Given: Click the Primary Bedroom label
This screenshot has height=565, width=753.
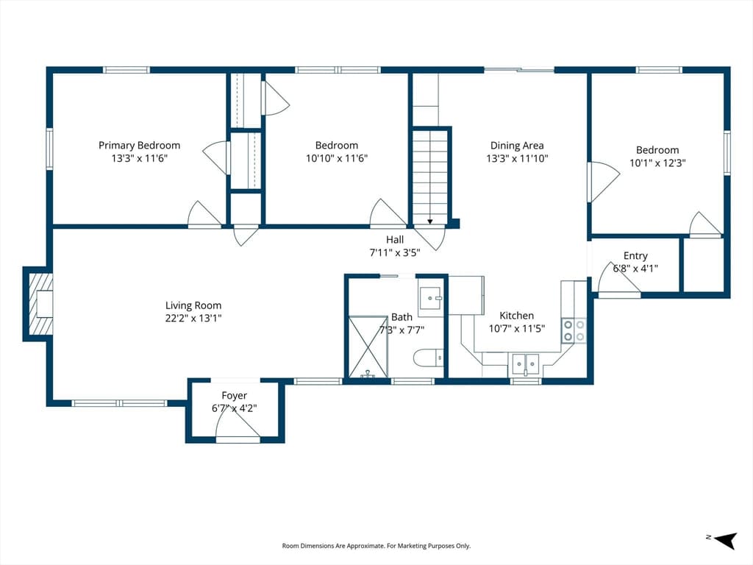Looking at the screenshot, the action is [x=139, y=146].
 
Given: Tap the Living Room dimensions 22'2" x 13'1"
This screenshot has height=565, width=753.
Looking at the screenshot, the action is [x=193, y=318].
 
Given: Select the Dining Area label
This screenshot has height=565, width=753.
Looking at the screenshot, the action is [x=517, y=146].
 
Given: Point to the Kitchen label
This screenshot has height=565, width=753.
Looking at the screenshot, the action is [x=517, y=316].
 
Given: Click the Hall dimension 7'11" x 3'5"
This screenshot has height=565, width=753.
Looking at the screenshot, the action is [x=395, y=252].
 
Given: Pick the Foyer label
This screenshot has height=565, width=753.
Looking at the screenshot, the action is [x=235, y=395].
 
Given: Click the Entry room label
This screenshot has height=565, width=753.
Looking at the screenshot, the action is [x=635, y=255].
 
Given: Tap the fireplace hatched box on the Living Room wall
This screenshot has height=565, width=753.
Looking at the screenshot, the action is [x=40, y=304].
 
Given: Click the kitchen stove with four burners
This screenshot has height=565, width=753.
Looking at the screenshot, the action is [x=574, y=330].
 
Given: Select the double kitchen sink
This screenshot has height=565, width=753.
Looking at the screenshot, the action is [x=525, y=365].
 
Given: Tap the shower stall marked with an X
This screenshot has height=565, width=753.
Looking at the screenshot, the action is [x=368, y=347].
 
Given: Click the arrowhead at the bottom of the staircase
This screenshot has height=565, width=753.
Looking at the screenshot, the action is [x=429, y=221].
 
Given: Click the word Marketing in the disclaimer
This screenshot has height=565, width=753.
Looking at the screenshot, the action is [x=418, y=546].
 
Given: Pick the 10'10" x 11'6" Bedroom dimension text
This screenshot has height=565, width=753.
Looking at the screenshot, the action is [x=337, y=158].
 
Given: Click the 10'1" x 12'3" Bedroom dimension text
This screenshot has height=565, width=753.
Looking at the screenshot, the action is [x=657, y=163].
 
